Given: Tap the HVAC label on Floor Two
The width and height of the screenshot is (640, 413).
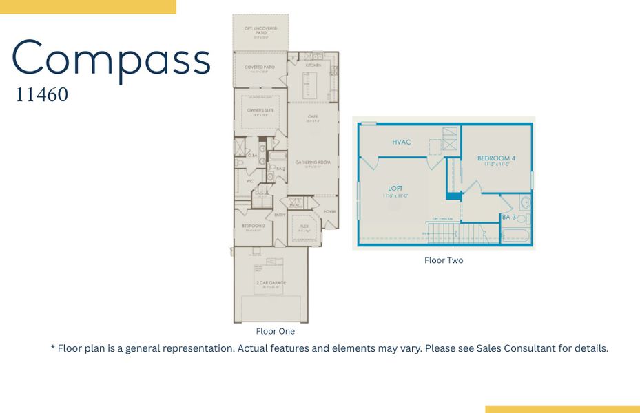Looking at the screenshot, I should point(402,142).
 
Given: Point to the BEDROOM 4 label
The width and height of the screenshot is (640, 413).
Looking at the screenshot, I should point(496,159).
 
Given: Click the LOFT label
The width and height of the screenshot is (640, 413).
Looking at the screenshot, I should point(395,188).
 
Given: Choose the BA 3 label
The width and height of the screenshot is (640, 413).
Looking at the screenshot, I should point(508,217).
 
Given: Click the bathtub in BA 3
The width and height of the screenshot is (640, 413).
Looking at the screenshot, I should point(517,235).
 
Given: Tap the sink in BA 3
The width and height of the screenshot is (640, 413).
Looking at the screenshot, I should point(524,202).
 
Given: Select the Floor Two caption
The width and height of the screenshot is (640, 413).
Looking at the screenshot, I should point(444,260).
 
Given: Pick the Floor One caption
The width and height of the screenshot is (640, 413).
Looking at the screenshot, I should point(275,331).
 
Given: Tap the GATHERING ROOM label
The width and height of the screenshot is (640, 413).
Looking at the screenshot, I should point(313,162).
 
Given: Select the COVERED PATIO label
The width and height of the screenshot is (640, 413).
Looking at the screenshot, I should point(259,67).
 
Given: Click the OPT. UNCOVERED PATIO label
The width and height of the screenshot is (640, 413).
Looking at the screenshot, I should point(260,30).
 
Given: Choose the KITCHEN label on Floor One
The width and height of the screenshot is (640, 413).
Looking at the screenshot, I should point(313,65).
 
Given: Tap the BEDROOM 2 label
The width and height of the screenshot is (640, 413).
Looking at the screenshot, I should point(254,226).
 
